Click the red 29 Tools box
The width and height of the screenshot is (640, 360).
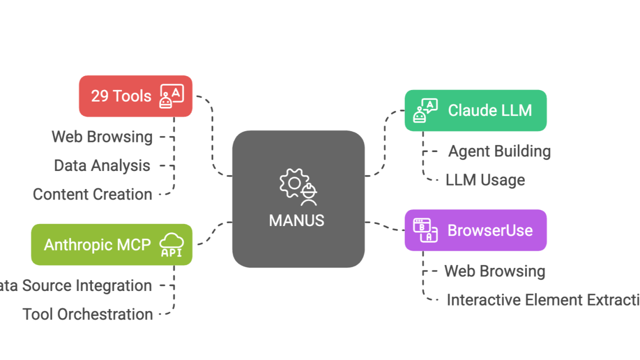tap(135, 96)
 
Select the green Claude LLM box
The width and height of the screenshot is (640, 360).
tap(475, 110)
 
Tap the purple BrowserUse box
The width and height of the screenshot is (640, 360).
tap(475, 230)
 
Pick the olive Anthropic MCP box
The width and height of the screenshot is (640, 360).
tap(112, 244)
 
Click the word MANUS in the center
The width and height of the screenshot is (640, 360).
tap(296, 220)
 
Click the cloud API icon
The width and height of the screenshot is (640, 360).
tap(171, 245)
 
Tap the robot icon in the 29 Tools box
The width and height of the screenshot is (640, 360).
tap(172, 96)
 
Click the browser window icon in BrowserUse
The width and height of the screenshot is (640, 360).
tap(425, 230)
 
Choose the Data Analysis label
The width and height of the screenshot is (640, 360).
tap(102, 165)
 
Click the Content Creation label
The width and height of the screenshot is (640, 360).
tap(93, 194)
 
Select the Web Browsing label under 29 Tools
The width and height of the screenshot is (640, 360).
tap(102, 136)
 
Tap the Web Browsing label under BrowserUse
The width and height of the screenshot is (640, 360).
tap(494, 271)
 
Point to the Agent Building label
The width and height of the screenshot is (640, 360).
tap(499, 151)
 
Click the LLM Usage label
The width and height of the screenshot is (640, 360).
tap(485, 180)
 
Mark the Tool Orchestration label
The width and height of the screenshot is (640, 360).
tap(88, 314)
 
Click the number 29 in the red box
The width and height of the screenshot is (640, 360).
tap(100, 96)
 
